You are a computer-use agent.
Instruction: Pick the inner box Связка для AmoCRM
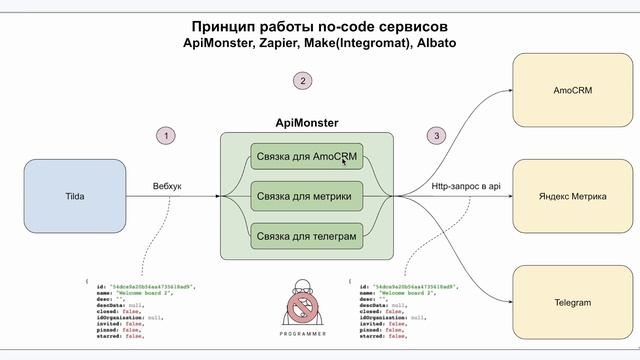[306, 157]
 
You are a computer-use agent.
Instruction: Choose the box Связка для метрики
[305, 196]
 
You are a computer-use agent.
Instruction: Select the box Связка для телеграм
[305, 236]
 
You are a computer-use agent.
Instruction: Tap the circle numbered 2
[305, 80]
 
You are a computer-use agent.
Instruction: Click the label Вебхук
[166, 186]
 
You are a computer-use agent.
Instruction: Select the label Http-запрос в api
[464, 186]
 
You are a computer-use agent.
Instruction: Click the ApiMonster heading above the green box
[306, 123]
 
